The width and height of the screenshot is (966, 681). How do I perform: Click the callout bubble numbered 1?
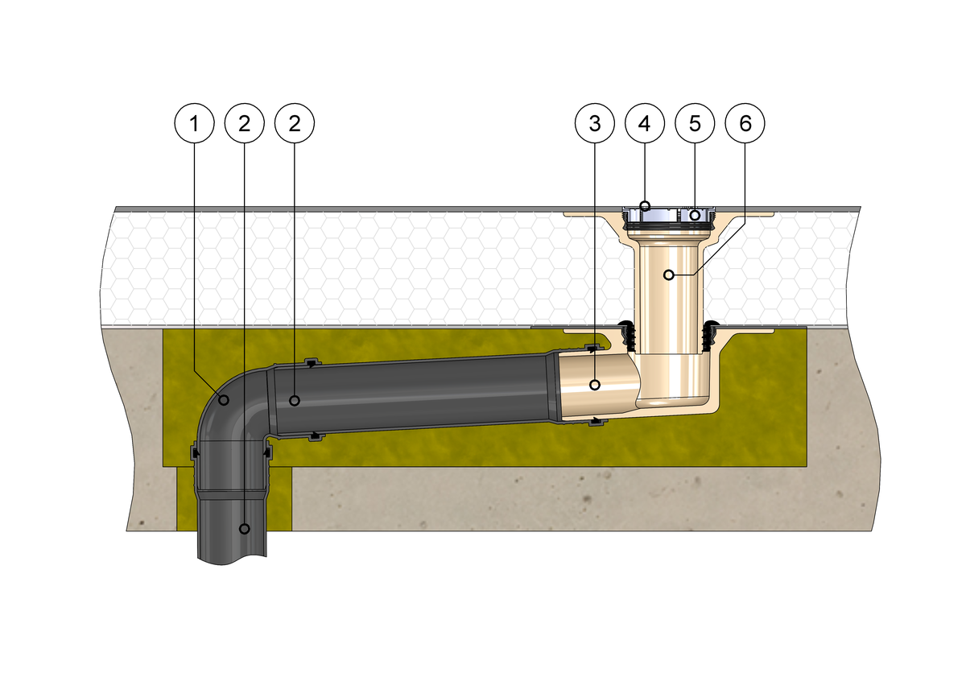point(195,123)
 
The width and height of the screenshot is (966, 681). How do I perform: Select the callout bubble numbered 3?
point(595,123)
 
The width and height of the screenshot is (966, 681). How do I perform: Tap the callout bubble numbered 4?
point(645,123)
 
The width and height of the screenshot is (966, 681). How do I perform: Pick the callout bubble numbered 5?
point(695,123)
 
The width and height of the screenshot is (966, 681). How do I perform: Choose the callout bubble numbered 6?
point(745,123)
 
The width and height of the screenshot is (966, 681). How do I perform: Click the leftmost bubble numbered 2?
point(245,123)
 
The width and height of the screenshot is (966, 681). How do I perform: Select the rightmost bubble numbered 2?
point(295,123)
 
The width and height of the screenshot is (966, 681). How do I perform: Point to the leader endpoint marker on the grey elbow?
point(224,400)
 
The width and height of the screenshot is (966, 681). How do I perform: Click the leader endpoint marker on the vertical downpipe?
point(245,528)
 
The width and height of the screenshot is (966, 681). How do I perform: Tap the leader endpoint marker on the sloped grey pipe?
point(295,401)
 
